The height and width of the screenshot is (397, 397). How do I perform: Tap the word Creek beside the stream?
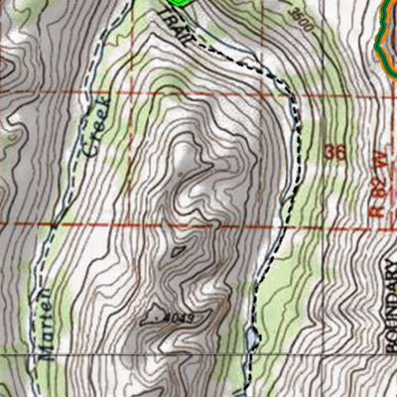tap(94, 129)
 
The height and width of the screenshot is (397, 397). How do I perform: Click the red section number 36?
tap(335, 154)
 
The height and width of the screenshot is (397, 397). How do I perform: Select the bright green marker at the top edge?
tap(179, 3)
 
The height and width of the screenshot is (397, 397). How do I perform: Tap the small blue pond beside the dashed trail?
tap(253, 342)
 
